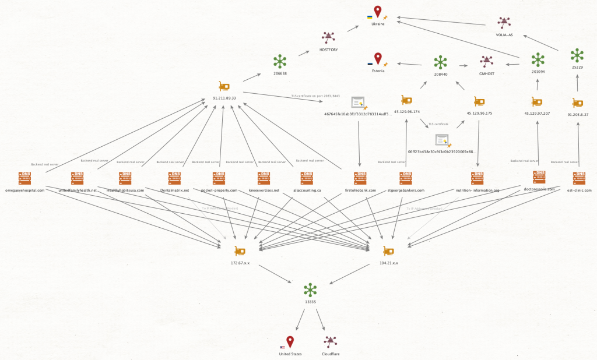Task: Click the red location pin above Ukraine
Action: pyautogui.click(x=378, y=12)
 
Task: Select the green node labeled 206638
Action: pyautogui.click(x=280, y=61)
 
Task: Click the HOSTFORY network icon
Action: pyautogui.click(x=329, y=38)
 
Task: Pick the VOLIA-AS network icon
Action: pyautogui.click(x=504, y=23)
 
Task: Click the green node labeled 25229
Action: pyautogui.click(x=577, y=55)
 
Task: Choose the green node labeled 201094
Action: pyautogui.click(x=538, y=59)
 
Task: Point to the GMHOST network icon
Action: pyautogui.click(x=486, y=61)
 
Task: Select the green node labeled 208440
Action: pyautogui.click(x=440, y=62)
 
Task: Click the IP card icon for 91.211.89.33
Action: pyautogui.click(x=224, y=86)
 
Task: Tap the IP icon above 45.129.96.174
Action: pyautogui.click(x=406, y=100)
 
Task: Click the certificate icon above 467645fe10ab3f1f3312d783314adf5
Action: pyautogui.click(x=358, y=103)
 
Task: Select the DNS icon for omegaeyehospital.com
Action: pyautogui.click(x=24, y=177)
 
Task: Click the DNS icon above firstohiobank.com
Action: pyautogui.click(x=360, y=177)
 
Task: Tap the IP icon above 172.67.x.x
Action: pyautogui.click(x=240, y=250)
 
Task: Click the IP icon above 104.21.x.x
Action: pyautogui.click(x=388, y=250)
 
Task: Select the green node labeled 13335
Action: pyautogui.click(x=310, y=290)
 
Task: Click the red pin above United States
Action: pyautogui.click(x=290, y=342)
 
